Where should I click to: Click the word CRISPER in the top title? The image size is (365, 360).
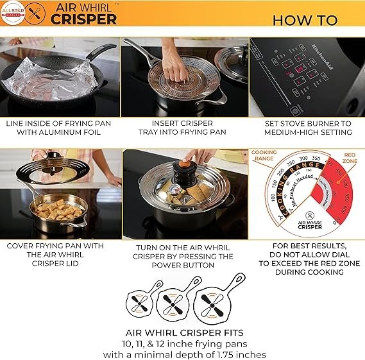(83, 19)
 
